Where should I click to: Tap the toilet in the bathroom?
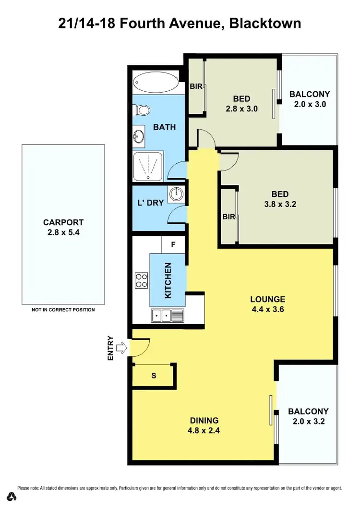tap(143, 110)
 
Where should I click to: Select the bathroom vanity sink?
tap(139, 137)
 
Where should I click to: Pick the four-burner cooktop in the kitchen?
tap(141, 280)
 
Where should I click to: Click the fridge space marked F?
tap(174, 244)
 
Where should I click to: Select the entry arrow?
tap(122, 347)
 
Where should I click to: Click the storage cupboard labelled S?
tap(154, 376)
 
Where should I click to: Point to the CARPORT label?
tap(63, 222)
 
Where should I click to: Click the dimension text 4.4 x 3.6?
tap(267, 309)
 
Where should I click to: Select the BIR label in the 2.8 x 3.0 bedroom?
tap(195, 87)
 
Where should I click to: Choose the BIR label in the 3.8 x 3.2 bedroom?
tap(228, 217)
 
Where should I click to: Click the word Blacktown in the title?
tap(265, 23)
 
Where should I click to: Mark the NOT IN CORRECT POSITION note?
tap(63, 310)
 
